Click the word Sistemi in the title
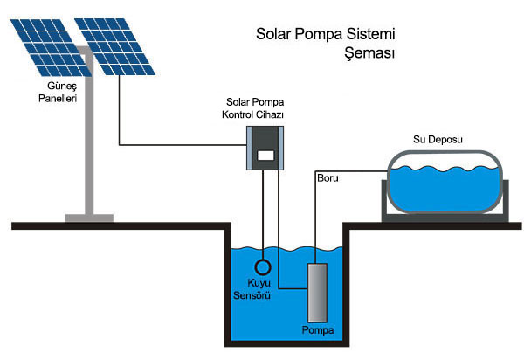[369, 36]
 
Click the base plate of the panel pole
[87, 215]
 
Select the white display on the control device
[265, 156]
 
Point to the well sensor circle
[262, 267]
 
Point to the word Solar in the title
[275, 36]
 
